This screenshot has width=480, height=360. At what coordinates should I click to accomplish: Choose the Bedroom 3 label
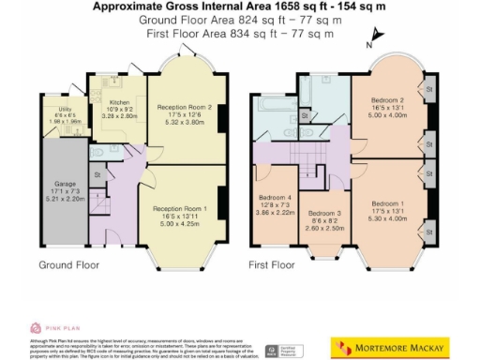pos(323,213)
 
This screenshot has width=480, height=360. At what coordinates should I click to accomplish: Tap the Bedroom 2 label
pos(386,100)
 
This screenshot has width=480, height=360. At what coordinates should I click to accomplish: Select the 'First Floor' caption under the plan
pos(277,265)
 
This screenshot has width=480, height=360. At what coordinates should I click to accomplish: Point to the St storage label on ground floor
pos(97,174)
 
